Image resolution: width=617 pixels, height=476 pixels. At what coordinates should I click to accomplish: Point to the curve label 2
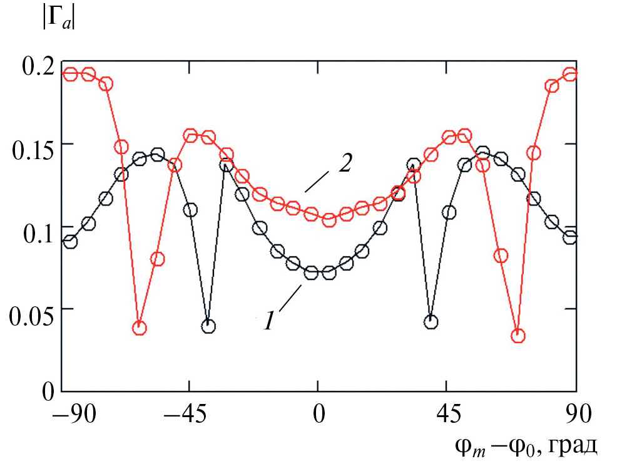[x=345, y=164]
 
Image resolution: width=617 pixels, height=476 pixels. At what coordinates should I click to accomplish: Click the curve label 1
[x=268, y=321]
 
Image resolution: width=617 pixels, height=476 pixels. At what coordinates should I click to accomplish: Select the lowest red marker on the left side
[x=140, y=328]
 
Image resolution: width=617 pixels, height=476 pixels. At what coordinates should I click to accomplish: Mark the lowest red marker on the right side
[x=518, y=336]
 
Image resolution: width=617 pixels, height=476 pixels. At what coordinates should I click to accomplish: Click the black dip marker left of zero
[x=208, y=326]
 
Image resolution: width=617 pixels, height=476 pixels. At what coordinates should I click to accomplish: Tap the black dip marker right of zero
[x=431, y=322]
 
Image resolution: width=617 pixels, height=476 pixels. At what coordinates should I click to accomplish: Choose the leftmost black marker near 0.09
[x=70, y=242]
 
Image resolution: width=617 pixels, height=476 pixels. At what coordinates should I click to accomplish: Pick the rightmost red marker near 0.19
[x=570, y=75]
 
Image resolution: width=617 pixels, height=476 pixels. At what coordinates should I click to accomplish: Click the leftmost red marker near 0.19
[x=70, y=75]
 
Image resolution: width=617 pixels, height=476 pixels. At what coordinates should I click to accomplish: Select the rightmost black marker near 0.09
[x=570, y=237]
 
